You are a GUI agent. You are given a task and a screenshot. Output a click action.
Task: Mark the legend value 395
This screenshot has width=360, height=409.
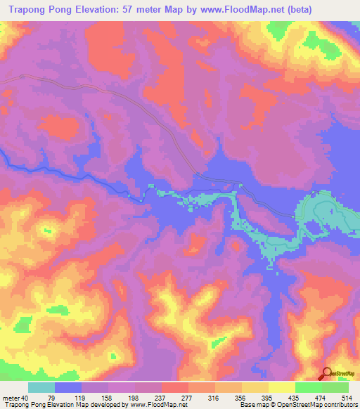(x=281, y=398)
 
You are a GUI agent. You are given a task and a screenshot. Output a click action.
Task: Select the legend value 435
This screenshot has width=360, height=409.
(x=309, y=398)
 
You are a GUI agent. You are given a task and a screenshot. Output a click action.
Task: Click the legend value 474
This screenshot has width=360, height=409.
(x=336, y=398)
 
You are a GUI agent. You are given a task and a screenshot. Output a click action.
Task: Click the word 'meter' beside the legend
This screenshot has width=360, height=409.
(x=11, y=398)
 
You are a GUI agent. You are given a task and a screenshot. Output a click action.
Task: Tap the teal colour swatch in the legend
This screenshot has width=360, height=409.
(x=41, y=387)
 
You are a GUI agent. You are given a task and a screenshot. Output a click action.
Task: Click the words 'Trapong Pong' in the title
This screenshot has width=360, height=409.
(x=46, y=8)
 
